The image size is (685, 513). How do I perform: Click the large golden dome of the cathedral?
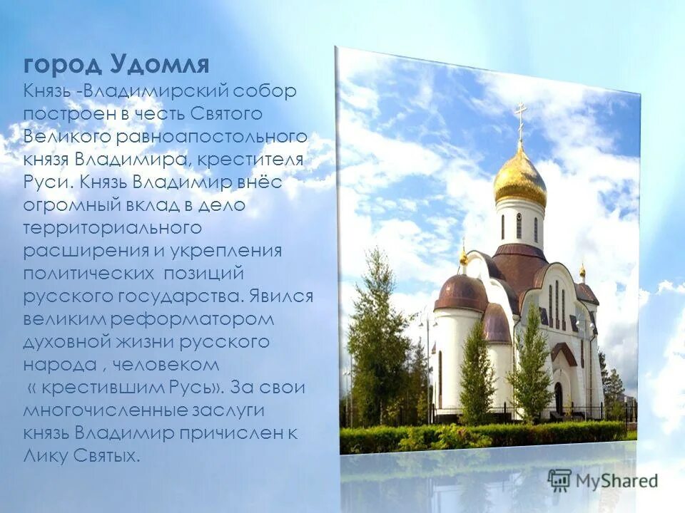click(x=519, y=177)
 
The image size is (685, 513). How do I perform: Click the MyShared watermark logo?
click(x=602, y=480)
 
